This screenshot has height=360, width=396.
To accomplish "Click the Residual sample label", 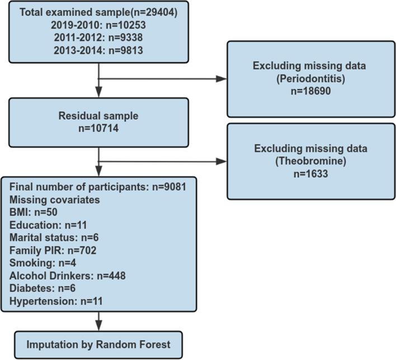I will (x=98, y=116).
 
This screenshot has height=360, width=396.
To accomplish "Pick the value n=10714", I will (x=98, y=129).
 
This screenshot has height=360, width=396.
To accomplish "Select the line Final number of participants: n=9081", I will (x=98, y=186).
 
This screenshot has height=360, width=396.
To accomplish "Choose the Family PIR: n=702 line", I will (x=53, y=250).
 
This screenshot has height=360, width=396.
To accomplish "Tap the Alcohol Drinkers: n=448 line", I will (x=68, y=276).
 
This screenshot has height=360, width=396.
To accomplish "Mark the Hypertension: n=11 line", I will (x=56, y=301).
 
